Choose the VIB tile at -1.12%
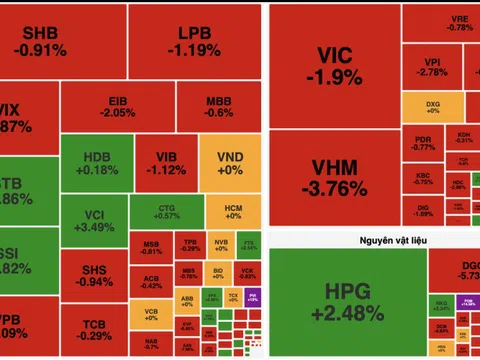tap(166, 163)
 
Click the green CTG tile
tap(167, 209)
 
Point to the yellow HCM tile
tap(232, 209)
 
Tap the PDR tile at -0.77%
tap(423, 143)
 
